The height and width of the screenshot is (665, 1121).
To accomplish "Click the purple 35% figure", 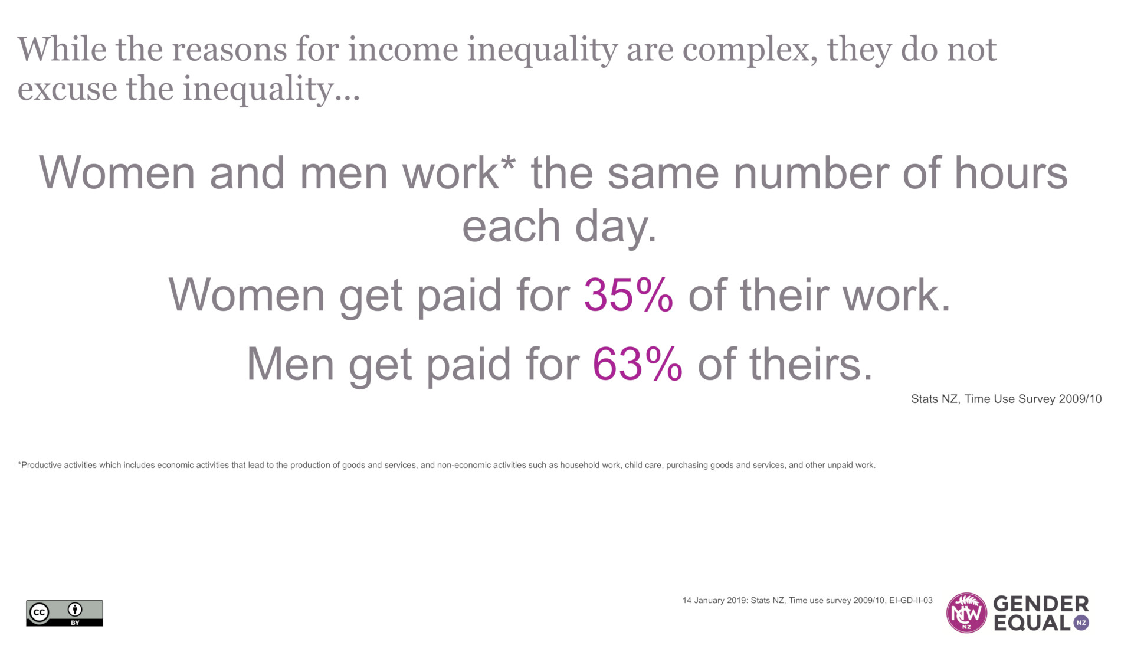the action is pos(628,294).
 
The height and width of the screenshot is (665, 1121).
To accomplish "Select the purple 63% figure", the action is pos(638,363).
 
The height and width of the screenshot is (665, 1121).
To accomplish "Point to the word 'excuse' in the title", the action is pos(67,89).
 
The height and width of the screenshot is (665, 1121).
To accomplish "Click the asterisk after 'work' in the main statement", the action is pos(508,162).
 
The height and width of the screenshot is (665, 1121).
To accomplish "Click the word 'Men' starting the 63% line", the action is pos(290,364).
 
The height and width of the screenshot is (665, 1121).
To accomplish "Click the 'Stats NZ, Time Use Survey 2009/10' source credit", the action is pos(1006,399).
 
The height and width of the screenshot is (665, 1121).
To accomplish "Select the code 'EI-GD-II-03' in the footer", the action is pos(911,600).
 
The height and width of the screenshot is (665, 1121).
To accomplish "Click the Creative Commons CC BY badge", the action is pos(64,613).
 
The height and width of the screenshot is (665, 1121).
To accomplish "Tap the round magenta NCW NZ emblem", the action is pos(966,613).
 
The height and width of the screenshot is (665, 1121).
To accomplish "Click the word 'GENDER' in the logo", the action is pos(1041,604).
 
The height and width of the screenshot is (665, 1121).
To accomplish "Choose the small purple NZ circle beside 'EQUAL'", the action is pos(1081,623).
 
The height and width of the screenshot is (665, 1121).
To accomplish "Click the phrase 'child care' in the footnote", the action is pos(643,465).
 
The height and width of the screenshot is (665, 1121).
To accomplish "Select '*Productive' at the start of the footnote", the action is pos(40,465).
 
